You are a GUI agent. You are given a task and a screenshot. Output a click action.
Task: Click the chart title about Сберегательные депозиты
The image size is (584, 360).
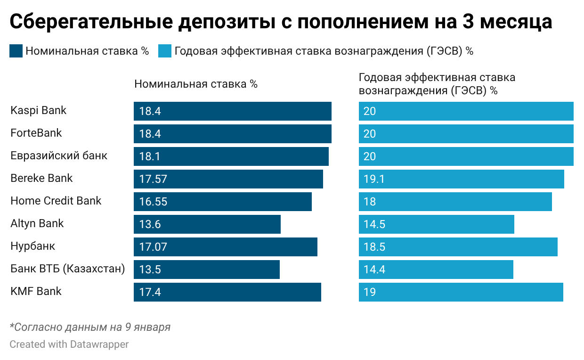tap(281, 22)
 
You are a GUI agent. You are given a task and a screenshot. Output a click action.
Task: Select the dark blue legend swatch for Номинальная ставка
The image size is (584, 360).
tap(16, 51)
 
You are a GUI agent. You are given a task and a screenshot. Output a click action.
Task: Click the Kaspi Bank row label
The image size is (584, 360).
tap(39, 111)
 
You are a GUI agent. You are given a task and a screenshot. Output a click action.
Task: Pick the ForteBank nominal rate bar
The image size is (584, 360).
tap(232, 134)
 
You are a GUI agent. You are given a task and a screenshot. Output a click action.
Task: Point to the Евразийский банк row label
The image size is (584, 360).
tap(59, 156)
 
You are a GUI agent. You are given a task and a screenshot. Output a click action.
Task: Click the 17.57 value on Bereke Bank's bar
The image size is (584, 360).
tap(153, 179)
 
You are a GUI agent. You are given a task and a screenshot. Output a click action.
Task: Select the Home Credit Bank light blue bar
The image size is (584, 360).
tap(455, 202)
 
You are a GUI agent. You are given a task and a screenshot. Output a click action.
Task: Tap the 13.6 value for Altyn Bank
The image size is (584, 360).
tap(150, 224)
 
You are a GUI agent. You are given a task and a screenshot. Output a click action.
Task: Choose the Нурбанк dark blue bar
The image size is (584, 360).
tap(225, 247)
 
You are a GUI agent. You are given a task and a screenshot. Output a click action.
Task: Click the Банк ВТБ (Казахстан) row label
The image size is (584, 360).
tap(68, 269)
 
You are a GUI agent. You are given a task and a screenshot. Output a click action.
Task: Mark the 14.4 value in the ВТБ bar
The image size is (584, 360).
tap(374, 270)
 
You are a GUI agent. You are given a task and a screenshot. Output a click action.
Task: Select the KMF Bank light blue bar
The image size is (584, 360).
tap(461, 292)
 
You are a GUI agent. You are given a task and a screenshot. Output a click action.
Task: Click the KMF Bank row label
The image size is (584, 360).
tap(36, 291)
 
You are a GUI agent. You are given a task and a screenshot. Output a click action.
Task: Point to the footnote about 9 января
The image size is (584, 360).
tap(90, 327)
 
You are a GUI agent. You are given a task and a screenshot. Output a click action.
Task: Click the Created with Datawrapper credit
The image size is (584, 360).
tap(69, 344)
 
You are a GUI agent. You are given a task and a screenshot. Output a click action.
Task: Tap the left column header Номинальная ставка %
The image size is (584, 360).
tap(196, 84)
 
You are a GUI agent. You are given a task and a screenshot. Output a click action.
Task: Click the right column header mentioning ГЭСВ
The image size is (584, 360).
tap(437, 84)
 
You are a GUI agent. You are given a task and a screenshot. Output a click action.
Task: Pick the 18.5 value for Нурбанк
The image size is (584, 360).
tap(374, 247)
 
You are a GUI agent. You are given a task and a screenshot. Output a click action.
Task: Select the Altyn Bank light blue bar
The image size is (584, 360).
tap(436, 224)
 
